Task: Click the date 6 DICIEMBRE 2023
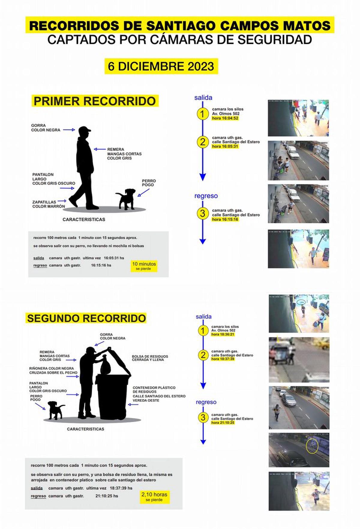pos(161,66)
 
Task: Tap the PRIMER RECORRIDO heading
pos(95,101)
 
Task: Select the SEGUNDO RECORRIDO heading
pos(86,318)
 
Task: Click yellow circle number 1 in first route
pos(202,114)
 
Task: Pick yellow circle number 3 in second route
pos(203,417)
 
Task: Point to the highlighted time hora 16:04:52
pos(225,118)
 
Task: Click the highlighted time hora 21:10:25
pos(223,422)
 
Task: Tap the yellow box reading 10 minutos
pos(144,266)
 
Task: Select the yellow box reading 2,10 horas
pos(154,497)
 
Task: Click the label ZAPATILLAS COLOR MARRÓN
pos(48,204)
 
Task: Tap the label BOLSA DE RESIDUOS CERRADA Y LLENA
pos(150,358)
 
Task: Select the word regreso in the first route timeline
pos(206,196)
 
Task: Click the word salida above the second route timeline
pos(203,317)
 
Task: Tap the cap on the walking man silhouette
pos(84,130)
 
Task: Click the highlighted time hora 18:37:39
pos(223,359)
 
